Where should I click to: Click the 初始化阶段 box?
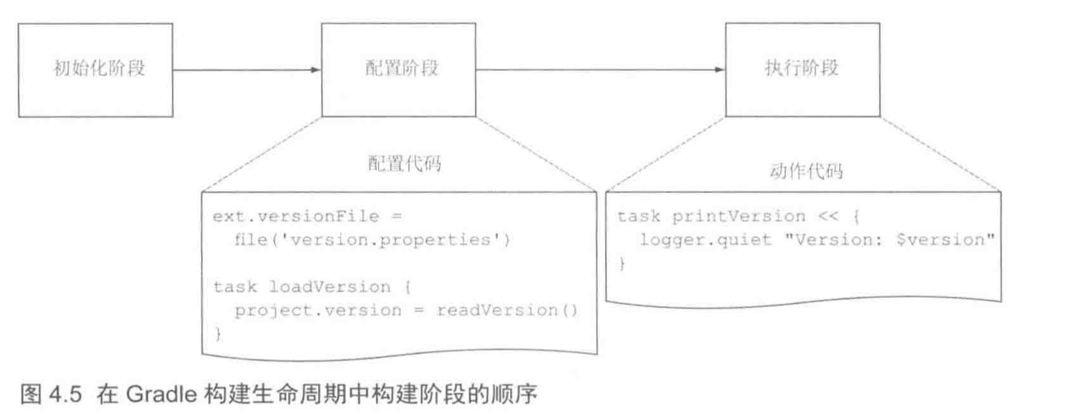tap(95, 70)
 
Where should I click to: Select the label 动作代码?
tap(803, 172)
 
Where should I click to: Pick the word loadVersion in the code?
tap(327, 287)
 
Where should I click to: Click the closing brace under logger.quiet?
tap(622, 264)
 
